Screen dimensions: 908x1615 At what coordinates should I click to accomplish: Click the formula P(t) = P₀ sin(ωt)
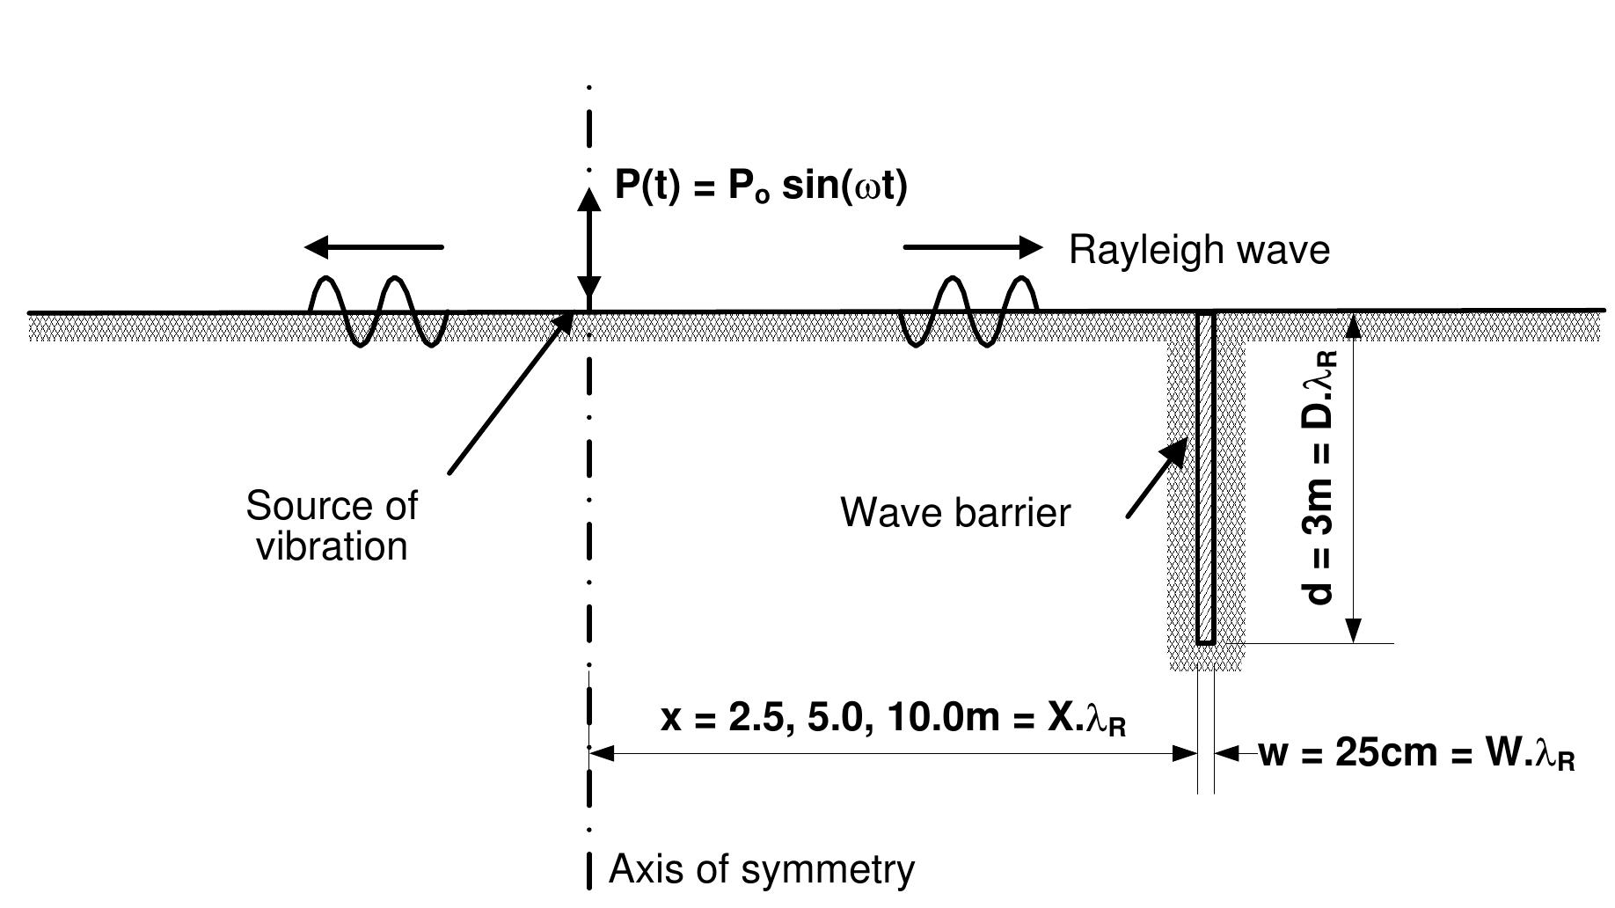tap(760, 187)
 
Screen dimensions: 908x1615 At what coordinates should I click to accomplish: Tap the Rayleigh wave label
tap(1198, 251)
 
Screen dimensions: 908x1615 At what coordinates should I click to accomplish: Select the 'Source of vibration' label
tap(332, 526)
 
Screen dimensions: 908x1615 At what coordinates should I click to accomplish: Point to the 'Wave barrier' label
tap(955, 512)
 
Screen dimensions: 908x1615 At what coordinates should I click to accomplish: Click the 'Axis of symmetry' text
tap(762, 869)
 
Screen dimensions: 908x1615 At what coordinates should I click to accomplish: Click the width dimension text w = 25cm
tap(1416, 754)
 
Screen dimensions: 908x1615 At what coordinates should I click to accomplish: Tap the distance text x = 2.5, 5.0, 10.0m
tap(893, 719)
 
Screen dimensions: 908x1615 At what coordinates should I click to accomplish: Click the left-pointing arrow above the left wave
tap(374, 248)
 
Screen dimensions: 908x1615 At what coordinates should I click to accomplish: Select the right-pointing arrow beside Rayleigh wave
tap(972, 248)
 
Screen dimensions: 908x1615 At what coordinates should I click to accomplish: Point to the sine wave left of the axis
tap(378, 311)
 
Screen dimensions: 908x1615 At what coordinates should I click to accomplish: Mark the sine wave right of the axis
tap(968, 311)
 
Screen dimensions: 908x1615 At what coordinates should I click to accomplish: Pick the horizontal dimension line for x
tap(893, 753)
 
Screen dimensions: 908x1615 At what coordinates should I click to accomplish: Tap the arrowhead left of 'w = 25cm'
tap(1227, 753)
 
